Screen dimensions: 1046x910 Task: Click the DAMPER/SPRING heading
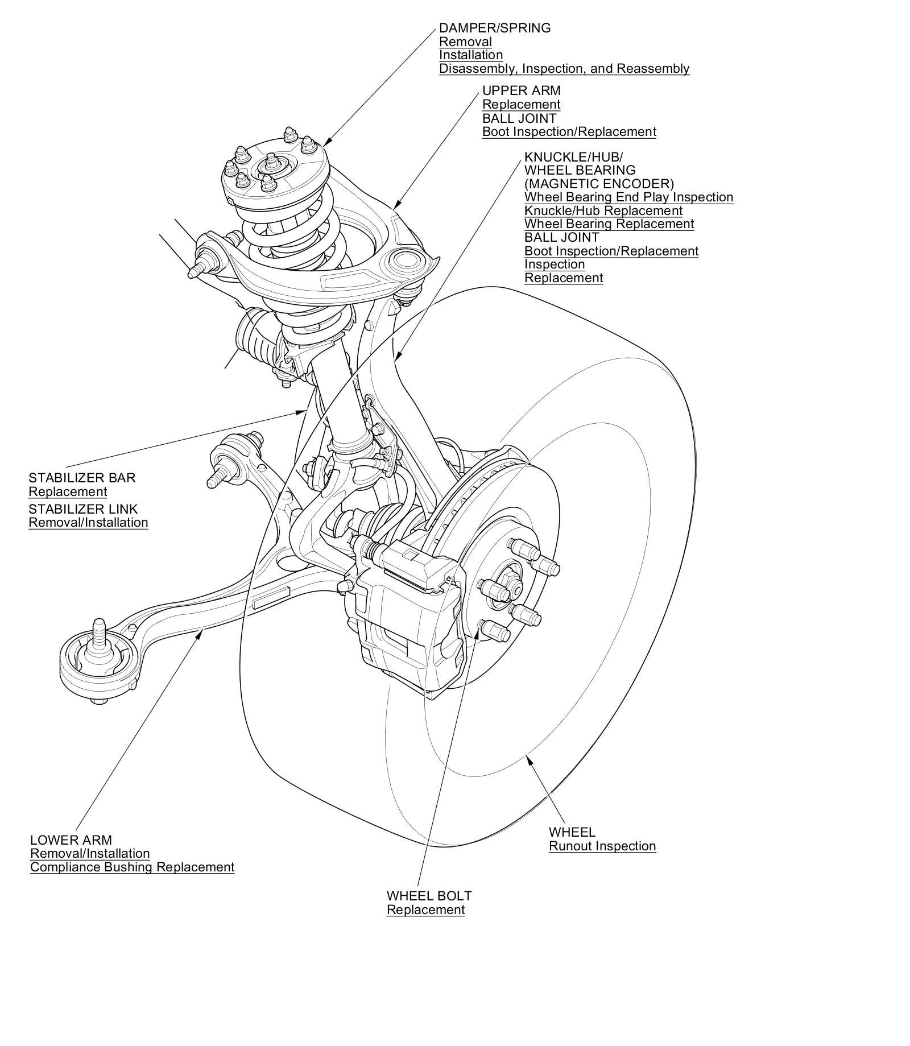tap(494, 28)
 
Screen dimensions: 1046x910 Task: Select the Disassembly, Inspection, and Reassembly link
tap(564, 69)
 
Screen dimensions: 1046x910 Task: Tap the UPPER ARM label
tap(521, 90)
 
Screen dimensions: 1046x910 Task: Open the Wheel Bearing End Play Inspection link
tap(628, 197)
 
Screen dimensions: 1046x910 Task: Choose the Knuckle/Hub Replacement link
tap(603, 210)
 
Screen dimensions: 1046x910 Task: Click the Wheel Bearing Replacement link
tap(609, 224)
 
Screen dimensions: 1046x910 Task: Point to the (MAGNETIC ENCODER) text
tap(599, 184)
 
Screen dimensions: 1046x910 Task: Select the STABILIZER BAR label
tap(82, 478)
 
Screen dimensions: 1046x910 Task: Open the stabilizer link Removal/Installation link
tap(88, 522)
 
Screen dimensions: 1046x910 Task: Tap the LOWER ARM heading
tap(71, 840)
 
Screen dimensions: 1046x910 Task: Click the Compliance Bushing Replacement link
tap(132, 867)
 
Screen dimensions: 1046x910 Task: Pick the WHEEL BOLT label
tap(429, 896)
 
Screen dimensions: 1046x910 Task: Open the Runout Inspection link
tap(602, 846)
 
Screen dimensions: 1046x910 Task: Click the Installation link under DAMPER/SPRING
tap(470, 55)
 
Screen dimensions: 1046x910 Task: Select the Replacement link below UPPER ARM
tap(521, 104)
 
